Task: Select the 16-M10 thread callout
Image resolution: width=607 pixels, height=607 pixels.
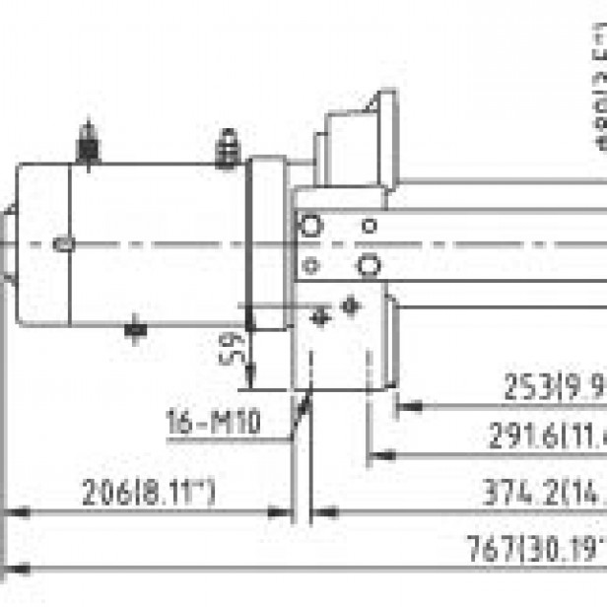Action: click(213, 425)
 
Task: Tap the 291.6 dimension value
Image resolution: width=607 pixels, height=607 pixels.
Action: click(547, 436)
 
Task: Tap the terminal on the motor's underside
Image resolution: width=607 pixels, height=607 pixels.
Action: click(136, 329)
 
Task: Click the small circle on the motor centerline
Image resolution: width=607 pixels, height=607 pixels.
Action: click(65, 242)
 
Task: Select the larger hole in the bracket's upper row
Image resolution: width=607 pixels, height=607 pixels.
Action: click(310, 226)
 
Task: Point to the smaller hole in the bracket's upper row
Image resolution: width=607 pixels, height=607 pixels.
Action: click(369, 226)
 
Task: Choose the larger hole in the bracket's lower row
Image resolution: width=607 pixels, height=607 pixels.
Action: click(370, 264)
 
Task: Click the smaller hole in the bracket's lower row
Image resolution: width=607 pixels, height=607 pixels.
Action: click(310, 264)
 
